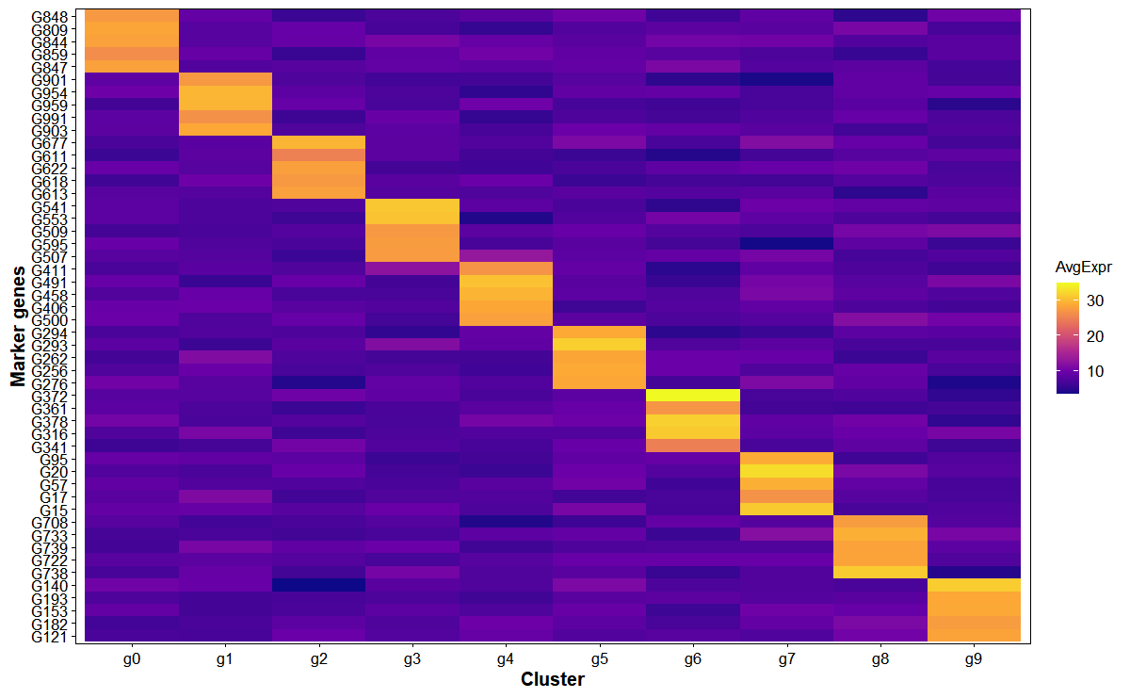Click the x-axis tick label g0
132,659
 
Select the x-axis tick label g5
599,659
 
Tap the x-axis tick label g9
974,659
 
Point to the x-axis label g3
412,659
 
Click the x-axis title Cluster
553,680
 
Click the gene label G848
50,16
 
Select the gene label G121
50,636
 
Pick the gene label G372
50,396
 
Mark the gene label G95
55,459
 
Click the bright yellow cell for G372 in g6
692,396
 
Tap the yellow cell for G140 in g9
974,585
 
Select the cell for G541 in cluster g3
412,206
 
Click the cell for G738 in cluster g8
880,573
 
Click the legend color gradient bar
1068,336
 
